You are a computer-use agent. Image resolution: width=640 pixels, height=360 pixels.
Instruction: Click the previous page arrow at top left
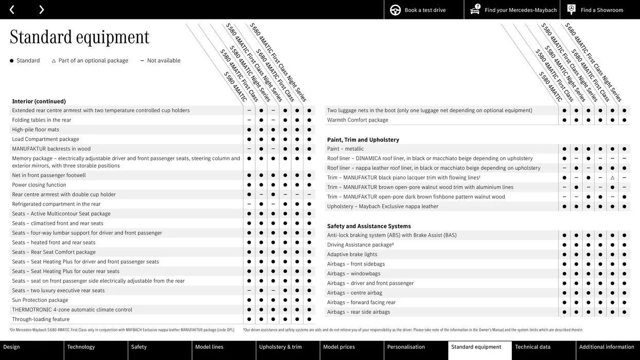click(x=12, y=9)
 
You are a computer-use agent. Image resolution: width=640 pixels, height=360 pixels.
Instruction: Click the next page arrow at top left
click(x=41, y=9)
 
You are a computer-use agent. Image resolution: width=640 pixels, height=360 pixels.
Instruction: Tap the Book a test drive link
click(x=425, y=10)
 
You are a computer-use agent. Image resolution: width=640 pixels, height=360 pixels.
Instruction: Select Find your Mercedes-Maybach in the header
click(x=520, y=10)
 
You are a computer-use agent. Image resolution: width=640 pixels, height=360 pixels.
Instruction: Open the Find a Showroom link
click(x=601, y=10)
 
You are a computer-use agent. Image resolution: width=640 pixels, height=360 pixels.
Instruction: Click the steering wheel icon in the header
click(x=395, y=10)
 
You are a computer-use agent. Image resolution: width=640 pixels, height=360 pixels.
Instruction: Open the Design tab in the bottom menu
click(x=12, y=347)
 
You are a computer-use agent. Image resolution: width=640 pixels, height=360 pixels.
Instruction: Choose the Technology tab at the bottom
click(x=81, y=347)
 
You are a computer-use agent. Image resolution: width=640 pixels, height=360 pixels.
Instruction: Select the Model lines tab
click(x=209, y=347)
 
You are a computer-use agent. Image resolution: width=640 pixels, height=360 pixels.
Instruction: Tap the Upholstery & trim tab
click(x=280, y=347)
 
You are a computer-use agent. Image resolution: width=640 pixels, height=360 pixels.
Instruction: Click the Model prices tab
click(x=339, y=347)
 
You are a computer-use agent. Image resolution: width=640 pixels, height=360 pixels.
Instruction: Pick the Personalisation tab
click(x=406, y=347)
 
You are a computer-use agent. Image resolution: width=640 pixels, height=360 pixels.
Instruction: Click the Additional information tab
click(x=607, y=347)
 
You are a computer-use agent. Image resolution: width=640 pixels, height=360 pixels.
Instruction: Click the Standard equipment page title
click(x=80, y=37)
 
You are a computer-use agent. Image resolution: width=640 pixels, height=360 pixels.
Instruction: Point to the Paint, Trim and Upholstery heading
click(x=363, y=140)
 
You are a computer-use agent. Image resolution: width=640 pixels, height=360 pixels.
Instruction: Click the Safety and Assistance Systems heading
click(x=369, y=226)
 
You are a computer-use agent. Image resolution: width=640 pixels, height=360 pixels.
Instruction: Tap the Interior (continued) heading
click(x=39, y=101)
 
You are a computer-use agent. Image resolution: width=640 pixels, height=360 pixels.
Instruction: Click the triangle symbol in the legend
click(x=54, y=61)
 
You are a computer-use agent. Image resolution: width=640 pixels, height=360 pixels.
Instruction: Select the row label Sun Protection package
click(x=40, y=300)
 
